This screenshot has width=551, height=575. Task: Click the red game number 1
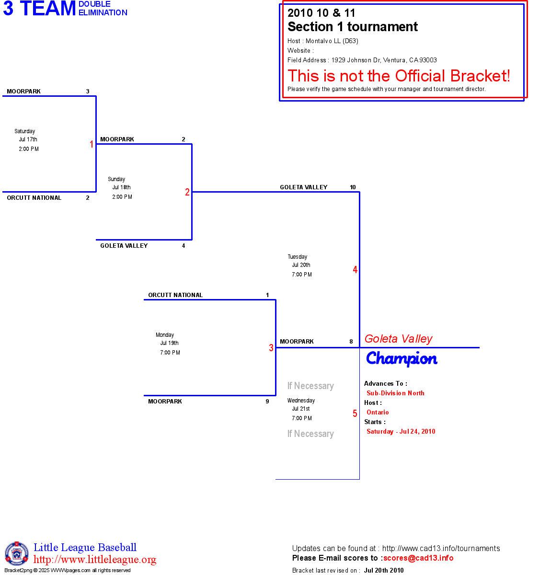pyautogui.click(x=92, y=144)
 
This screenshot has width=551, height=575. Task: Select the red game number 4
pyautogui.click(x=355, y=270)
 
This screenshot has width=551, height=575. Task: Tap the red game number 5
pyautogui.click(x=355, y=414)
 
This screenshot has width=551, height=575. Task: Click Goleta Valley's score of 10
pyautogui.click(x=353, y=187)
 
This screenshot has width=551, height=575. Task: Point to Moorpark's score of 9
pyautogui.click(x=267, y=402)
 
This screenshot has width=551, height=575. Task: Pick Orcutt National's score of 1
pyautogui.click(x=267, y=295)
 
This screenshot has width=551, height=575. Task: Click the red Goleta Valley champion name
pyautogui.click(x=398, y=339)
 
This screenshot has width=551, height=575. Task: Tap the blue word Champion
pyautogui.click(x=402, y=358)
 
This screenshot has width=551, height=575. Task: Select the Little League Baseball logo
pyautogui.click(x=17, y=553)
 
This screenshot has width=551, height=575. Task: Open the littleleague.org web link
pyautogui.click(x=95, y=560)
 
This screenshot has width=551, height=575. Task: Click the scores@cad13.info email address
pyautogui.click(x=418, y=558)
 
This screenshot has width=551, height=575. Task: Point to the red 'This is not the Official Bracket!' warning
pyautogui.click(x=399, y=76)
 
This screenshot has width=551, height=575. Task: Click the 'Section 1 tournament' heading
pyautogui.click(x=353, y=27)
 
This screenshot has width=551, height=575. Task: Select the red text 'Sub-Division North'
pyautogui.click(x=395, y=393)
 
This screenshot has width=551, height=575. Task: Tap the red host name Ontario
pyautogui.click(x=378, y=412)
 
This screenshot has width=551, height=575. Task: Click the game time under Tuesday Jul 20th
pyautogui.click(x=302, y=275)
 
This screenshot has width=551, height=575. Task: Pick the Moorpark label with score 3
pyautogui.click(x=23, y=92)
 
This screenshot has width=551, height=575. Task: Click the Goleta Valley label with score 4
pyautogui.click(x=124, y=246)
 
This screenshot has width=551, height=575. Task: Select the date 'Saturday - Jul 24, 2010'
pyautogui.click(x=401, y=431)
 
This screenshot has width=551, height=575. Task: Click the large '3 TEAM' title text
pyautogui.click(x=40, y=9)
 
